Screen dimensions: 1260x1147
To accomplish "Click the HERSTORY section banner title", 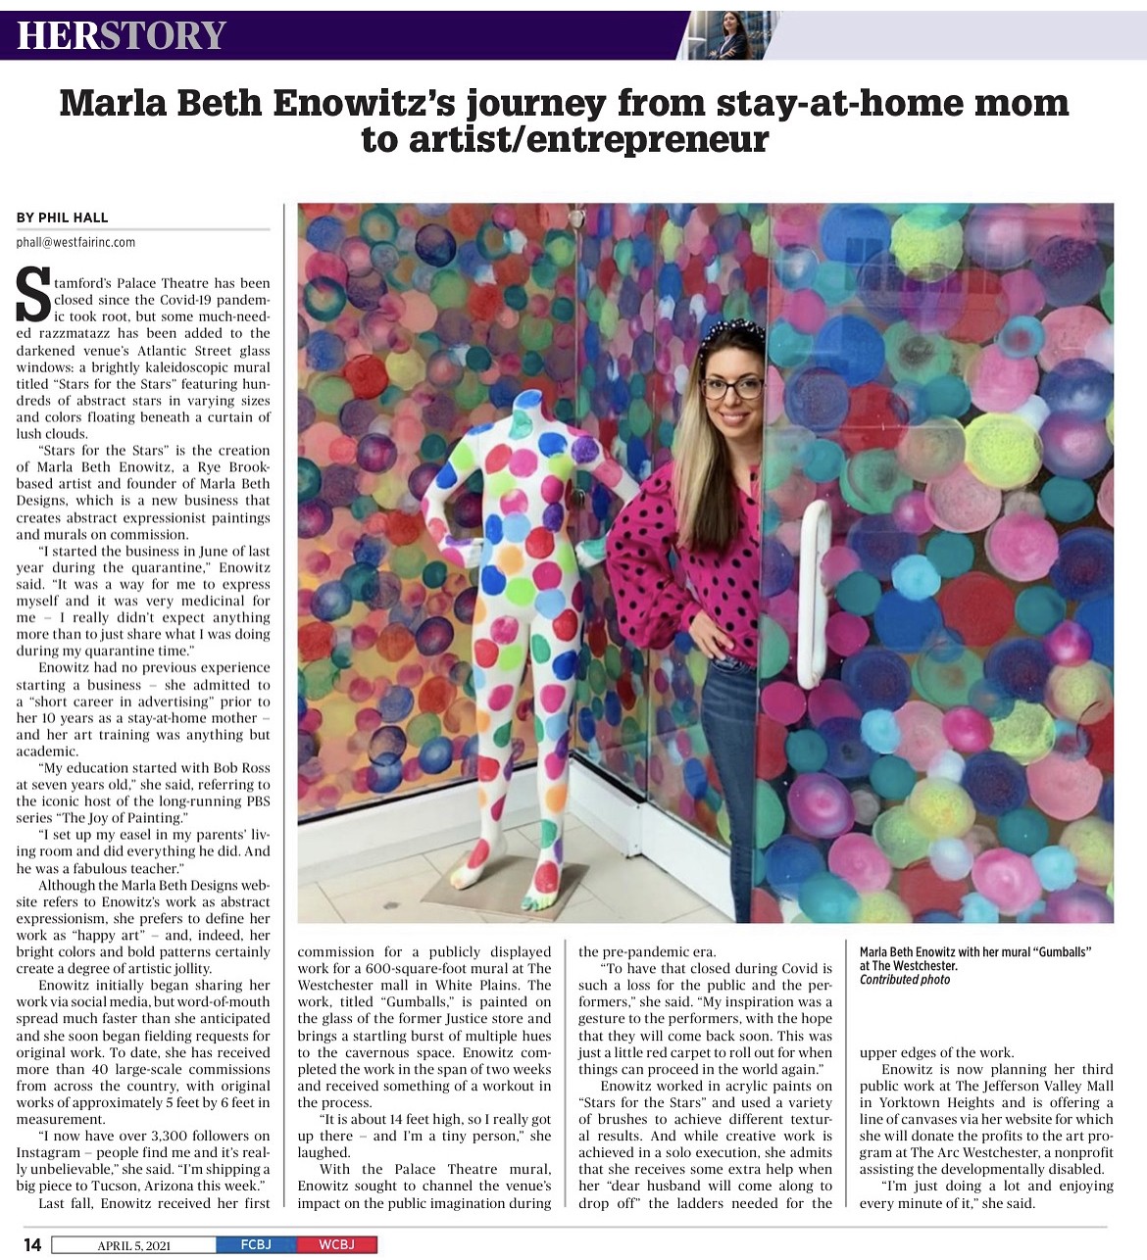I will pos(122,36).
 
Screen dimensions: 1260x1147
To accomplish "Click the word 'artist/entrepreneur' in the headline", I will pos(564,140).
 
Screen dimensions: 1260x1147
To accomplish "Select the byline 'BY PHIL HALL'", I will pos(63,218).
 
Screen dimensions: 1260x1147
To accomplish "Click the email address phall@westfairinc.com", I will pos(75,242).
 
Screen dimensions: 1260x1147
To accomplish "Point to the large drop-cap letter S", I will pos(34,294).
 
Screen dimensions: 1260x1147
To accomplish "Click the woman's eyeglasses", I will pos(731,388).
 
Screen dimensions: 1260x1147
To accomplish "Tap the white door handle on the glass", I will pos(813,598).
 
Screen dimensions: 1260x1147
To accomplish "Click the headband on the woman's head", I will pos(731,330).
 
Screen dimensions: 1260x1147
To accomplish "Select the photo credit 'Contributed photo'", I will pos(904,980).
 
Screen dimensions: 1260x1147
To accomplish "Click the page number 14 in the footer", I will pos(32,1244).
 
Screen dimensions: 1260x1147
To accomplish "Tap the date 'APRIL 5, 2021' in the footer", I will pos(133,1245).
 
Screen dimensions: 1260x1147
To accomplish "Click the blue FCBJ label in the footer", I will pos(256,1245).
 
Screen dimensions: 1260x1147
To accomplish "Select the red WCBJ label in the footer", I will pos(335,1245).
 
